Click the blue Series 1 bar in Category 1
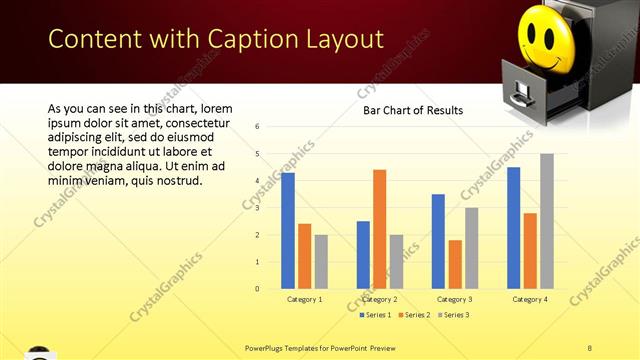(x=288, y=231)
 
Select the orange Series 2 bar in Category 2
(x=379, y=229)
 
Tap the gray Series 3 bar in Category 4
(x=546, y=221)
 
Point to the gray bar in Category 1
(x=321, y=262)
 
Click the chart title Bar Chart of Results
(x=412, y=111)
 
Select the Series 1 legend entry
(x=376, y=315)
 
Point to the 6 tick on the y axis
(x=258, y=127)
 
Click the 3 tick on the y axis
(x=258, y=208)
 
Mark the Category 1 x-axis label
(x=304, y=299)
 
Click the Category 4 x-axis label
(x=529, y=299)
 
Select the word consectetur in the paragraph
(x=194, y=123)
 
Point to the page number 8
(x=590, y=346)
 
